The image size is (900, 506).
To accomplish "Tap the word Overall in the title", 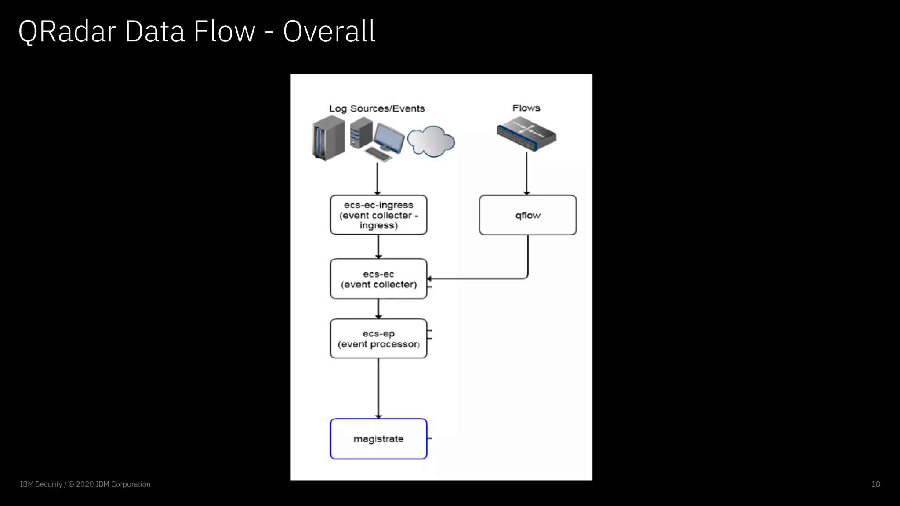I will (329, 32).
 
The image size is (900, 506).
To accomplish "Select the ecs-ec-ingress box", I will (378, 215).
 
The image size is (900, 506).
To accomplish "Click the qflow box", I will (527, 215).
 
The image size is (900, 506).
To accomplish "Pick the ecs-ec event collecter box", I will (378, 279).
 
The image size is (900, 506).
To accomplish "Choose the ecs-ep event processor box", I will (378, 339).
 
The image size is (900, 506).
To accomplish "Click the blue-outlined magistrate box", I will (378, 439).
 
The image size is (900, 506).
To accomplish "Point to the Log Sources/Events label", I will (377, 108).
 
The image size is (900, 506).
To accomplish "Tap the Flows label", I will (526, 108).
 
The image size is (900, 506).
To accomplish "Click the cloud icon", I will (431, 141).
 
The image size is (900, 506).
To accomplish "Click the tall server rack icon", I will (328, 138).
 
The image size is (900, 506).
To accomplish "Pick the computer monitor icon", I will (388, 138).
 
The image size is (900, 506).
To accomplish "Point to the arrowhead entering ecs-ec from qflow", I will (429, 279).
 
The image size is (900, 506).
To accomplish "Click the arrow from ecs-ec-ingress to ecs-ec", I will (378, 246).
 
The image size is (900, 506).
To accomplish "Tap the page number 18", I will (875, 484).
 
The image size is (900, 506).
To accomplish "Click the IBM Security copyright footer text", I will (85, 484).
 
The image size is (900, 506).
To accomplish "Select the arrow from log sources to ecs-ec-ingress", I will (377, 178).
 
